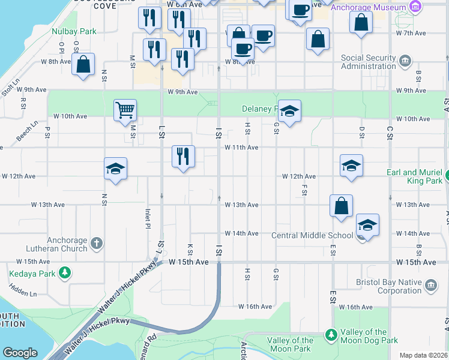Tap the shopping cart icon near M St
(x=125, y=110)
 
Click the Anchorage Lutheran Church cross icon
(x=96, y=244)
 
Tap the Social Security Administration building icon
(x=405, y=61)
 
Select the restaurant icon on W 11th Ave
(x=183, y=156)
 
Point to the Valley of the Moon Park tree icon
(x=330, y=334)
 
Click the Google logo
(x=20, y=352)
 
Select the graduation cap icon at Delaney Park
(x=289, y=110)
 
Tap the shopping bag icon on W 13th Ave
(x=340, y=206)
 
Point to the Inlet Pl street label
(x=147, y=218)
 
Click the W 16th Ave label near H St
(x=255, y=307)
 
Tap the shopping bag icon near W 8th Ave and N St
(x=83, y=64)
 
